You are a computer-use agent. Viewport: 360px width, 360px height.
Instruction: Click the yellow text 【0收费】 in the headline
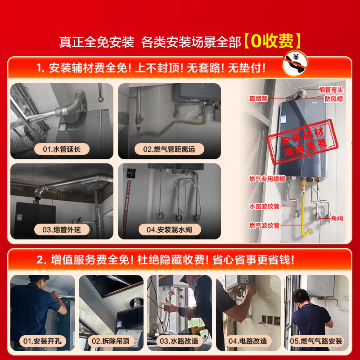[272, 41]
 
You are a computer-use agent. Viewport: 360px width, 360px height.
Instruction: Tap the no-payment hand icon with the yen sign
[295, 63]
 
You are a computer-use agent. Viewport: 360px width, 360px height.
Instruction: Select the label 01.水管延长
[62, 149]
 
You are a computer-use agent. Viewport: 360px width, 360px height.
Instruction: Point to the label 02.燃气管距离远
[169, 149]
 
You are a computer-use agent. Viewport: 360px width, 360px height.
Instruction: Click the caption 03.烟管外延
[62, 229]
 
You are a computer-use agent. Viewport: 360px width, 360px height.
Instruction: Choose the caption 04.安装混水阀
[170, 229]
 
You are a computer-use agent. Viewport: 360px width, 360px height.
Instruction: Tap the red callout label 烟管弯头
[331, 90]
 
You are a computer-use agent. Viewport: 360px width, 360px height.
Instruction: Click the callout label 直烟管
[258, 99]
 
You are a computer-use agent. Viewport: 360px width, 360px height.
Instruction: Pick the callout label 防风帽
[333, 99]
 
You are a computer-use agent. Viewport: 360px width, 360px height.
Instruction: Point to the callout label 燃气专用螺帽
[267, 179]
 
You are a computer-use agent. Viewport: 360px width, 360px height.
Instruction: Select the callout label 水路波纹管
[264, 206]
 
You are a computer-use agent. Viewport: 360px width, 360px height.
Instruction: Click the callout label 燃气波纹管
[264, 225]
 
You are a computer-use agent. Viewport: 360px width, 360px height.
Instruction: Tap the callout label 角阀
[337, 218]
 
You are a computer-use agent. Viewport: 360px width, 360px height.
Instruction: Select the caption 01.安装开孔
[42, 341]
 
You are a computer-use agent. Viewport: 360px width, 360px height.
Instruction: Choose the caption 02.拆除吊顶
[110, 341]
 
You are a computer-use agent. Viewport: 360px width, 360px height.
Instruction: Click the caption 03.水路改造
[179, 341]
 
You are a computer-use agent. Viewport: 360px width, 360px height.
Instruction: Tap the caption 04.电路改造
[248, 341]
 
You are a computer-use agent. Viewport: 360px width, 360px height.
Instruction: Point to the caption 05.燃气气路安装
[316, 341]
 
